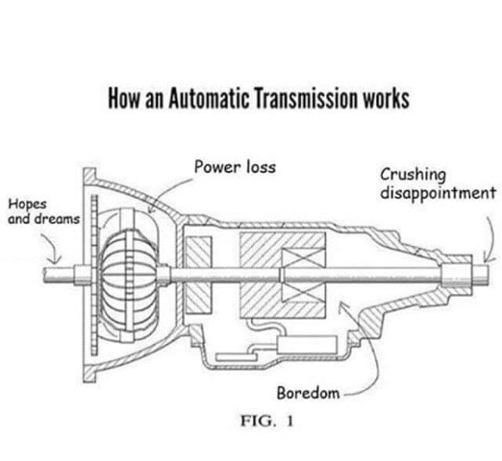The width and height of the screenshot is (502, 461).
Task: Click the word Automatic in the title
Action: pos(209,98)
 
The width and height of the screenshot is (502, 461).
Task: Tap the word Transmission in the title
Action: pos(306,98)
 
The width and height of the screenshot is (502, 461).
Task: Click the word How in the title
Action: pos(124,98)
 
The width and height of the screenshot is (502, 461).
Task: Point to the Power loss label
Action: pos(235,167)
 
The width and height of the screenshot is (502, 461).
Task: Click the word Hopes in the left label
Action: pos(27,204)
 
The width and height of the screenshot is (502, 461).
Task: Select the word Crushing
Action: pos(413,175)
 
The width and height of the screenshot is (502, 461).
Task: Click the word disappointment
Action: pos(438,193)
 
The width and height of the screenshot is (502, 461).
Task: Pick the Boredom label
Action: pos(308,393)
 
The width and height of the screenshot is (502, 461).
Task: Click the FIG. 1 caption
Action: pos(267,421)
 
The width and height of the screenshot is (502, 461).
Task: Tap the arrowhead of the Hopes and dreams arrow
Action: pos(55,260)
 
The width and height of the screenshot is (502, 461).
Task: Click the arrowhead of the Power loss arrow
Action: pos(152,209)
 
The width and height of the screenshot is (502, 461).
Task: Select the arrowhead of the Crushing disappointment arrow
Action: pos(486,258)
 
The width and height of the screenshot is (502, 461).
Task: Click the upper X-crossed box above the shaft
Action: pos(303,258)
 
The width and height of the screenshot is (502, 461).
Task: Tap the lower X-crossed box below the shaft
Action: pos(303,292)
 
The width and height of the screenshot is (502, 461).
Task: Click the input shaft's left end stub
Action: pos(60,276)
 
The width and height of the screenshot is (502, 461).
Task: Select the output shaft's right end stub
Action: pos(480,275)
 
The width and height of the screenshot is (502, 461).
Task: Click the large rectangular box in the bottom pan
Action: pos(307,345)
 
